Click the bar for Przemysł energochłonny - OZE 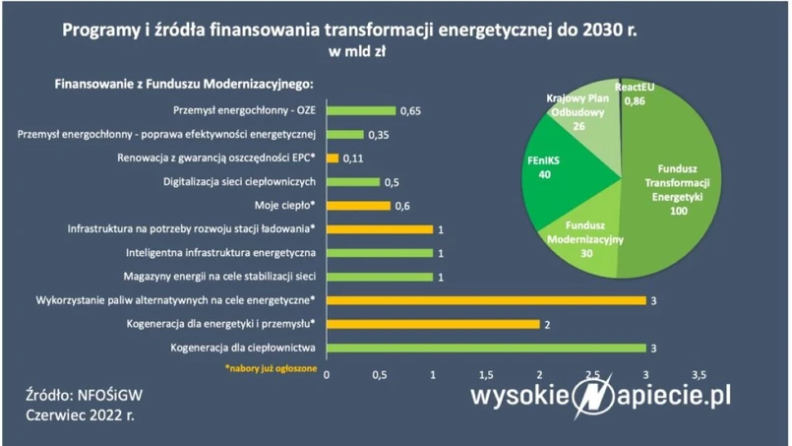pyautogui.click(x=360, y=111)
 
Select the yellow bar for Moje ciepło pyautogui.click(x=357, y=206)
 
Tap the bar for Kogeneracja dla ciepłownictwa pyautogui.click(x=485, y=348)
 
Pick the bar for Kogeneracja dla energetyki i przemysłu pyautogui.click(x=432, y=324)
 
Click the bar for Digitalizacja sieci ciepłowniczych pyautogui.click(x=352, y=182)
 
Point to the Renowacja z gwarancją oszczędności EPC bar pyautogui.click(x=332, y=159)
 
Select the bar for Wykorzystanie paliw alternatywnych pyautogui.click(x=485, y=300)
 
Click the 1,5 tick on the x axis pyautogui.click(x=485, y=375)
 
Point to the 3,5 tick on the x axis pyautogui.click(x=700, y=375)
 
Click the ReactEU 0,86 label pyautogui.click(x=640, y=95)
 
